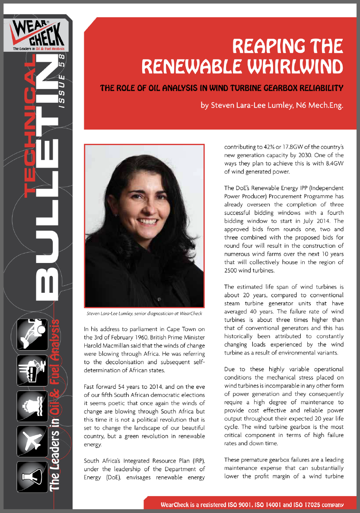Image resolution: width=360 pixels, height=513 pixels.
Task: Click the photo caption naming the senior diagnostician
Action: [x=144, y=313]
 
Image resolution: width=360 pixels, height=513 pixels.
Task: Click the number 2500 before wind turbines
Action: [x=234, y=270]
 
